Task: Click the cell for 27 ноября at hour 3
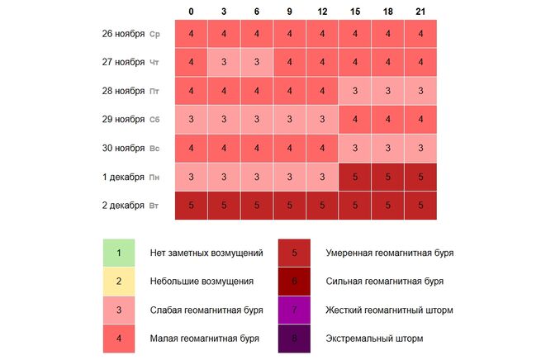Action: [224, 63]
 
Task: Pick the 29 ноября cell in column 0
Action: [191, 120]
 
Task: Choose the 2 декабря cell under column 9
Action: [290, 205]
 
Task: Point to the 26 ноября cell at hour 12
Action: [323, 34]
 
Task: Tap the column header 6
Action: [257, 12]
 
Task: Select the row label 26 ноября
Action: [121, 34]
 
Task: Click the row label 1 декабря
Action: [121, 177]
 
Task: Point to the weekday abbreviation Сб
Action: [154, 120]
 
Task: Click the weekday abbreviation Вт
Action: [154, 206]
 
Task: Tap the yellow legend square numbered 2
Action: [119, 281]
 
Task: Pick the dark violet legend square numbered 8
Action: [295, 339]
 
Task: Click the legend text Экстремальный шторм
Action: [374, 339]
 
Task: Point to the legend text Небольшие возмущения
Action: [202, 281]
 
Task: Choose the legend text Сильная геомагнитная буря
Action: [385, 281]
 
